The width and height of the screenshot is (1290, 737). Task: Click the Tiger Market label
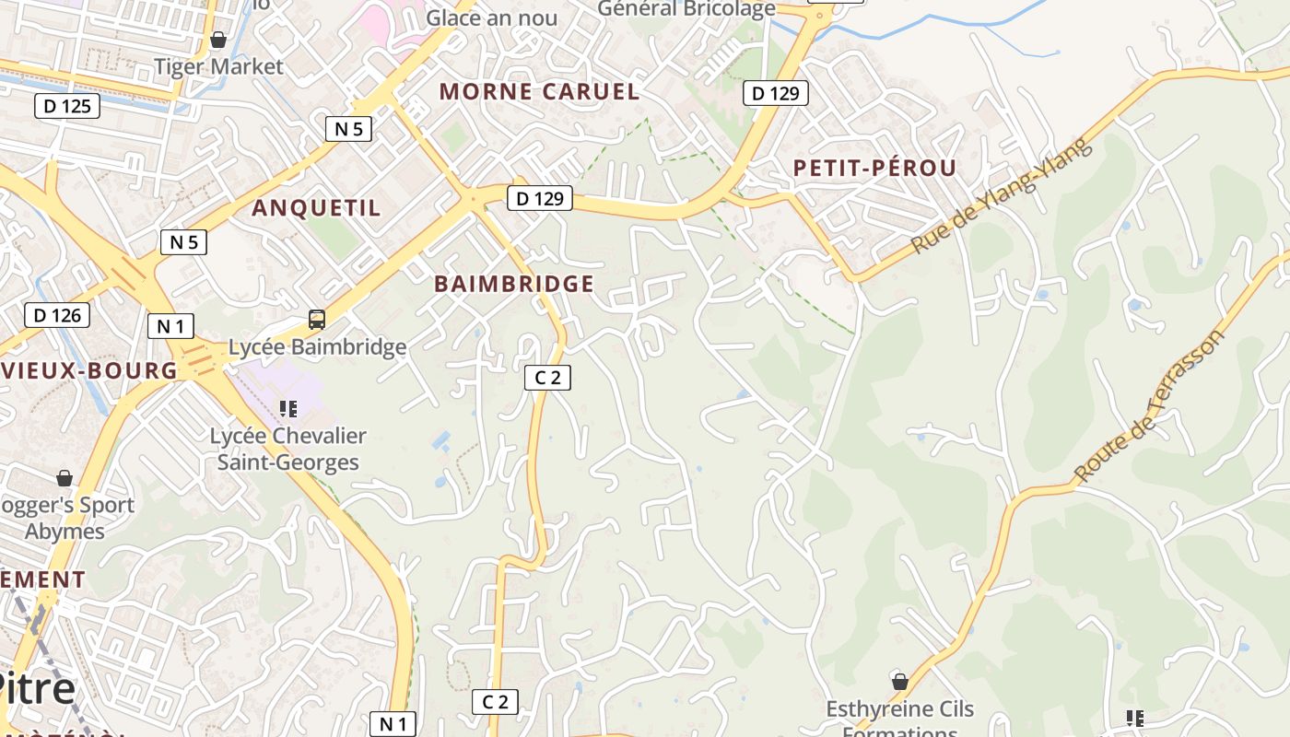218,66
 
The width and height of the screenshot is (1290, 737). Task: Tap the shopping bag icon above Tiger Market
218,40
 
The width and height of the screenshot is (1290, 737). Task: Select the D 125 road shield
67,106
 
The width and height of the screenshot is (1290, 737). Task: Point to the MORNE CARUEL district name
539,91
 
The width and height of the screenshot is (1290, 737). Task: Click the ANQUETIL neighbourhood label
316,207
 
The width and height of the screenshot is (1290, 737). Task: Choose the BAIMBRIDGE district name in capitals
514,284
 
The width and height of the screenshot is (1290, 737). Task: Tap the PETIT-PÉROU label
874,168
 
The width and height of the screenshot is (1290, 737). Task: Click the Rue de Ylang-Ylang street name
1001,196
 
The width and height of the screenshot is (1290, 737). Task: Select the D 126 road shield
57,315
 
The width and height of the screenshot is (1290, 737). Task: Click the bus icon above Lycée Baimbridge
317,320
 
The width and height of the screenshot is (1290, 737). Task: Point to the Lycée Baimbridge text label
317,346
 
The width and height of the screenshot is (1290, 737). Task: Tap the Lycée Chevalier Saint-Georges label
287,449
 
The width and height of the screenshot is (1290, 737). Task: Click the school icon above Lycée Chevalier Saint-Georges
288,408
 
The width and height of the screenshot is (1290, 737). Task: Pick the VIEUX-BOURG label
88,370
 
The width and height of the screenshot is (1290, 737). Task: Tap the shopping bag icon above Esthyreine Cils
900,682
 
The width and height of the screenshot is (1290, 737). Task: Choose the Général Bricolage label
686,8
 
